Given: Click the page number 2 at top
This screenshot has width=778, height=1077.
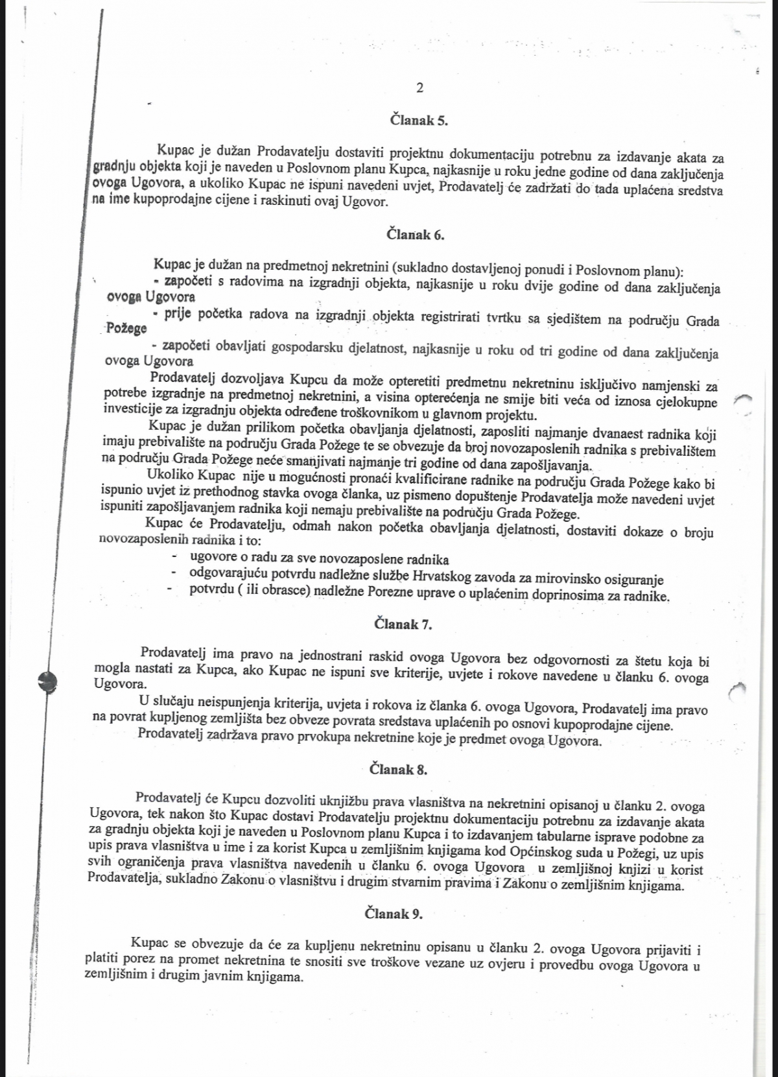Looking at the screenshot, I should (419, 88).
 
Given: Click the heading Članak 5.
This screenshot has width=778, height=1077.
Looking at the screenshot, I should (419, 120).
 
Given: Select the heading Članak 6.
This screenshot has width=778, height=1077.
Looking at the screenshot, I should (415, 235).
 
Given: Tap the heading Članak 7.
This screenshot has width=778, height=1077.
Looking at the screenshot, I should (403, 624).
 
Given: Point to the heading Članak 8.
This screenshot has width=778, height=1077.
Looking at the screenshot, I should (398, 770).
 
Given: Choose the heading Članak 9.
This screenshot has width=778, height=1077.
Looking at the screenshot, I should (394, 914).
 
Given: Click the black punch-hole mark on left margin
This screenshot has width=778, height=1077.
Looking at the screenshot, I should (47, 680).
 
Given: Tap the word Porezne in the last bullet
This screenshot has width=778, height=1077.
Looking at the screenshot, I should (390, 593).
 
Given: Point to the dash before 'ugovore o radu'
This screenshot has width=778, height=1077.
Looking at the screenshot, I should (174, 557).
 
